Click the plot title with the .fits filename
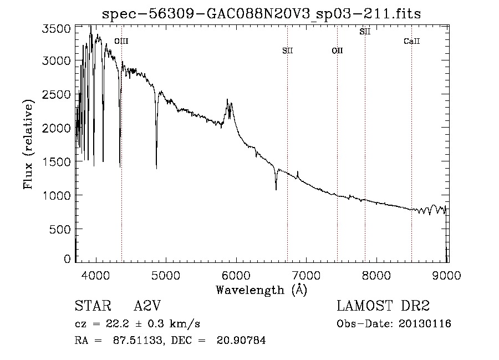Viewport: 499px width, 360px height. pyautogui.click(x=261, y=14)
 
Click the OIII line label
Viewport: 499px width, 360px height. pyautogui.click(x=121, y=41)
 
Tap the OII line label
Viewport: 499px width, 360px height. pyautogui.click(x=337, y=50)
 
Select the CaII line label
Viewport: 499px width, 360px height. pyautogui.click(x=412, y=41)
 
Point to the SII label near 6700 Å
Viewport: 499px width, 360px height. pyautogui.click(x=287, y=50)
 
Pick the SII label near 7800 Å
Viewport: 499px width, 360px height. pyautogui.click(x=365, y=32)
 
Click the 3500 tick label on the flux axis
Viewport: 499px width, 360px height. pyautogui.click(x=57, y=29)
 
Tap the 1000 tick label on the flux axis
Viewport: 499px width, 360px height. pyautogui.click(x=57, y=195)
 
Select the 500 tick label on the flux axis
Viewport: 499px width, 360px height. pyautogui.click(x=60, y=229)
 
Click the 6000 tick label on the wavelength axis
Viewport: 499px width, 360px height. pyautogui.click(x=236, y=275)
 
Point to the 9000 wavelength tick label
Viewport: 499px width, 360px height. pyautogui.click(x=446, y=275)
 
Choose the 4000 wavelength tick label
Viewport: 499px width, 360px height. pyautogui.click(x=96, y=275)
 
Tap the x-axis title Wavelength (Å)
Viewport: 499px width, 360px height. pyautogui.click(x=262, y=290)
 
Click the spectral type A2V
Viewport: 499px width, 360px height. pyautogui.click(x=147, y=306)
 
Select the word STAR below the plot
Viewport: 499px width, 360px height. pyautogui.click(x=93, y=306)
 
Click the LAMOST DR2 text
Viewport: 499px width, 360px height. pyautogui.click(x=383, y=306)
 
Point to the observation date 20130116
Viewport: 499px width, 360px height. pyautogui.click(x=425, y=324)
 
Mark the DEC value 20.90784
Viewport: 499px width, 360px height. pyautogui.click(x=241, y=340)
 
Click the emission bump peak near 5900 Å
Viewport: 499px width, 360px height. pyautogui.click(x=227, y=99)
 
